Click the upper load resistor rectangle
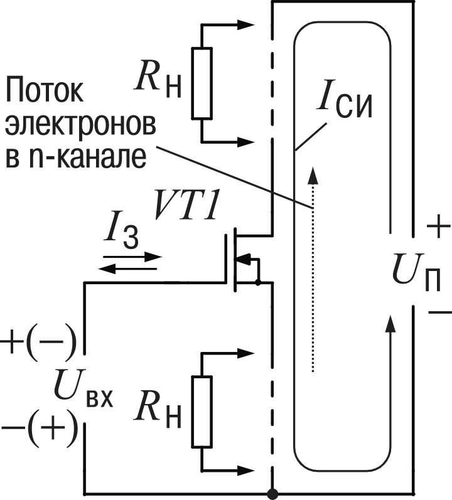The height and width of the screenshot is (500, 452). coord(202,83)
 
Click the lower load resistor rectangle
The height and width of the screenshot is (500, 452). coord(202,412)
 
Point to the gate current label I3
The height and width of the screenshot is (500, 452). coord(123,237)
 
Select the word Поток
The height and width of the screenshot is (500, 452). coord(44,93)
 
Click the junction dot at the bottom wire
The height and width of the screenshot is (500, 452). coord(272,494)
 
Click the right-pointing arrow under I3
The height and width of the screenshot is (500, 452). coord(132,257)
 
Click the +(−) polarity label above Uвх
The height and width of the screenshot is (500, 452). coord(38,342)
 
